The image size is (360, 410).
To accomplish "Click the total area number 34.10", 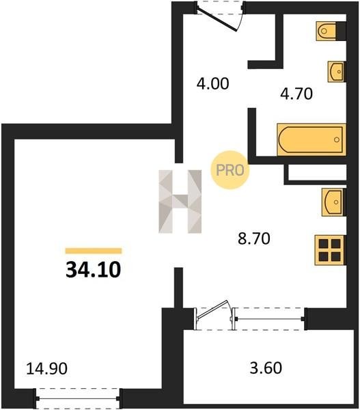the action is [94, 270].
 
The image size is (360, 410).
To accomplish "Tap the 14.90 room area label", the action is [47, 368].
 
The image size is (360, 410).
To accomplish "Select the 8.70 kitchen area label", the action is [254, 238].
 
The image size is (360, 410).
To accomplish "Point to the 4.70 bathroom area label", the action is [296, 94].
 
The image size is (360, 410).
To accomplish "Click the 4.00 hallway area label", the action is [213, 83].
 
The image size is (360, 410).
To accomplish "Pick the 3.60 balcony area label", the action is [266, 368].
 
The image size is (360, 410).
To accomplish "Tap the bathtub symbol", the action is [311, 139].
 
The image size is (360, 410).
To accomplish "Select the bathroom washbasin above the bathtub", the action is [337, 72].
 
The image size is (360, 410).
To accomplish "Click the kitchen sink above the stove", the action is [333, 202].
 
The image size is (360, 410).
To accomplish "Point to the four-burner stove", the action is [330, 250].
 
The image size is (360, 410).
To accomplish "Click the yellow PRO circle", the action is [230, 170].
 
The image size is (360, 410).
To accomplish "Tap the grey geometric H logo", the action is [180, 202].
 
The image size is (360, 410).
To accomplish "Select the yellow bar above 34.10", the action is [94, 251].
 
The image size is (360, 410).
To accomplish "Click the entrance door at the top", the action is [219, 16].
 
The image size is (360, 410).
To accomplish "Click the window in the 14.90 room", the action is [78, 399].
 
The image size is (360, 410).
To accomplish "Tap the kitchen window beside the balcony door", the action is [269, 319].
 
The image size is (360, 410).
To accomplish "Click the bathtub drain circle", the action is [337, 139].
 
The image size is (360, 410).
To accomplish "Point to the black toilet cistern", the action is [341, 31].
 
